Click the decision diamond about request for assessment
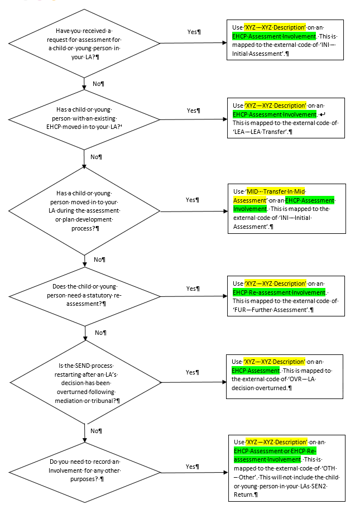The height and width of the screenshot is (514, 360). tap(85, 42)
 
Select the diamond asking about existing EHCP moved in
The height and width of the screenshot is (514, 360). tap(85, 119)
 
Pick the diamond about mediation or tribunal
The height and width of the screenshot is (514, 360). tap(85, 383)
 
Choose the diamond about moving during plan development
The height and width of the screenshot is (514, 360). tap(85, 210)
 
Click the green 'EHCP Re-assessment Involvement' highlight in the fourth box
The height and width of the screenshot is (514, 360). tap(279, 292)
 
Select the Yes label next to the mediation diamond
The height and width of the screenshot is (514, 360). tap(193, 372)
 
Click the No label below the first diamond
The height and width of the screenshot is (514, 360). tap(99, 83)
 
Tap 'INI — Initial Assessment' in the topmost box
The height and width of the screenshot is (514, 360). tap(258, 54)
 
